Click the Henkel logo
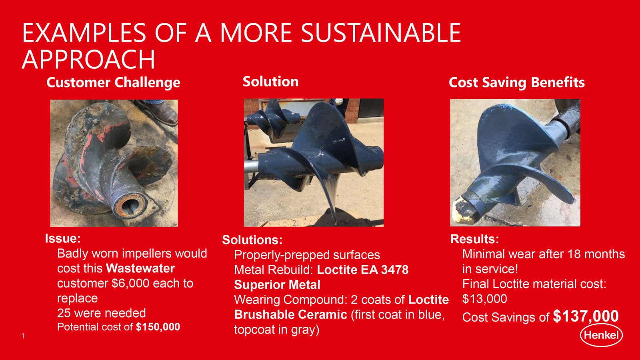coord(601,335)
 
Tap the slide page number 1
coord(23,336)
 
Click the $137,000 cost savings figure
coord(586,316)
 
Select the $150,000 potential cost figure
coord(158,326)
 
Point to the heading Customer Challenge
coord(114,82)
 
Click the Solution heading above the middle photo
coord(270,82)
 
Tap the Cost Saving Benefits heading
coord(516,82)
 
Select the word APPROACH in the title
coord(88,59)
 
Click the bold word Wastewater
coord(140,268)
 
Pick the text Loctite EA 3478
coord(363,270)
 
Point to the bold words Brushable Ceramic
coord(290,314)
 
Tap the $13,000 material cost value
coord(484,299)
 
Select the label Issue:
coord(63,238)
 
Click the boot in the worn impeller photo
coord(158,112)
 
